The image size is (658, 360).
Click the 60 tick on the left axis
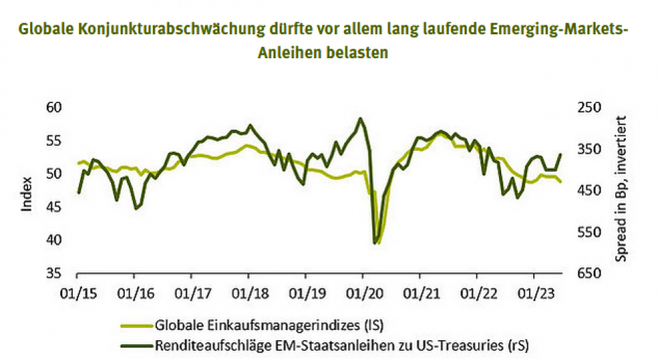53,108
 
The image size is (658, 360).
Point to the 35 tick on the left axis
53,274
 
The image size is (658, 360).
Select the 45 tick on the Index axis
53,207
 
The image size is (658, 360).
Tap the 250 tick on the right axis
589,108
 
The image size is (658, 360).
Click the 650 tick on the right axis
589,274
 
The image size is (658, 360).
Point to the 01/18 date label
248,293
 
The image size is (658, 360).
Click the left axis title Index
27,194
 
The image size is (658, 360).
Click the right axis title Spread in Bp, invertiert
622,189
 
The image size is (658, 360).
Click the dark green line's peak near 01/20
361,119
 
